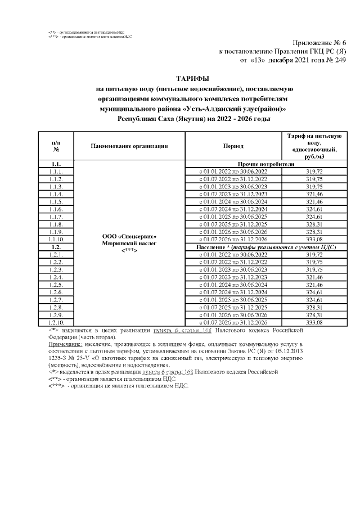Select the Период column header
pos(233,146)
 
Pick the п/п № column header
pos(56,146)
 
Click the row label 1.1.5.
pos(56,201)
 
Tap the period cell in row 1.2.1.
pos(233,254)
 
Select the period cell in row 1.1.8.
pos(233,224)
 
